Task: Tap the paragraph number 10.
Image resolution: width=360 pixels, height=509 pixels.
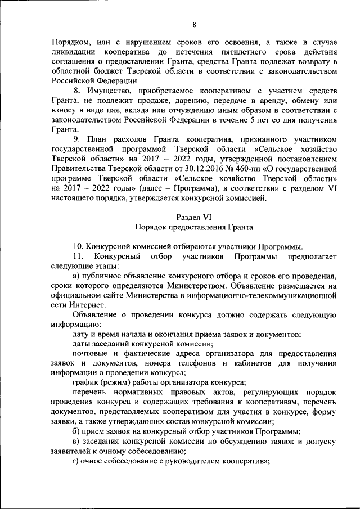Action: coord(79,246)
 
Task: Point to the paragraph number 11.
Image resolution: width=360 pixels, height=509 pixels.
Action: coord(79,256)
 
